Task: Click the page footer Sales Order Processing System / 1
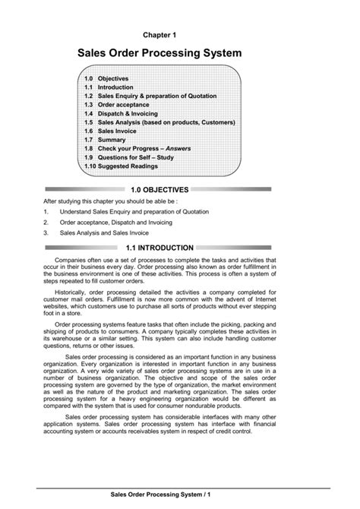tap(159, 495)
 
